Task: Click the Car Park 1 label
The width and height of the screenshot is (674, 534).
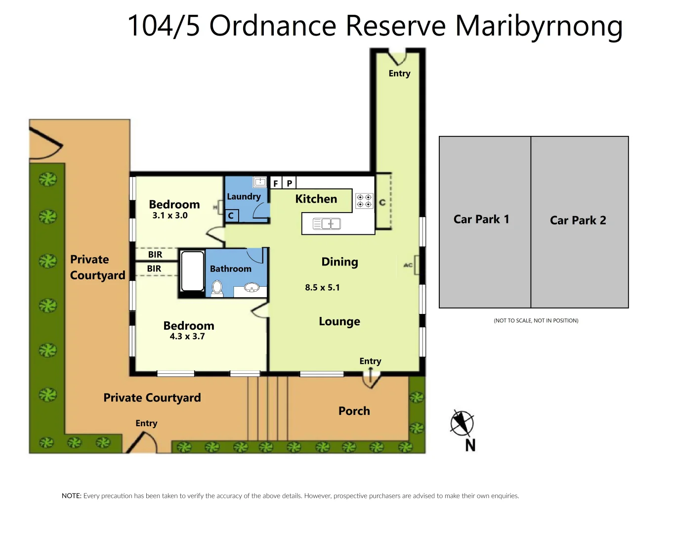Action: pos(481,219)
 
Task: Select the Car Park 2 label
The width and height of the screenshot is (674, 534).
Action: pos(578,220)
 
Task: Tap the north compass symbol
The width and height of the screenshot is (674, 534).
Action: pos(462,424)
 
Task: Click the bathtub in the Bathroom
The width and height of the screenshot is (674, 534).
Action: pos(192,271)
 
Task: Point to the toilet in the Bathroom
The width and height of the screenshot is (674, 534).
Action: pos(217,287)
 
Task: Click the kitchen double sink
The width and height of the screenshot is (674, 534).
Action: pos(327,224)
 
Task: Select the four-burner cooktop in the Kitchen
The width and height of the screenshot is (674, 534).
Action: pos(364,201)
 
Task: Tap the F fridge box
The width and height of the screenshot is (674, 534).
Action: pos(276,183)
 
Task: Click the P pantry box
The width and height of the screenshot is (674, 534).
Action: pos(290,183)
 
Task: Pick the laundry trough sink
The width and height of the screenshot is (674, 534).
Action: pos(260,182)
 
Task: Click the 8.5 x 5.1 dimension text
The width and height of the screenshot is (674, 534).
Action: pos(322,287)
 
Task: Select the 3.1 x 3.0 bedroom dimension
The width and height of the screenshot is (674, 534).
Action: pos(170,216)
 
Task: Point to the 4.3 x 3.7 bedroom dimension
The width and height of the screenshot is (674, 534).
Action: pos(187,336)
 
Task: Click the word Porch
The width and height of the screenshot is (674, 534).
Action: pos(354,411)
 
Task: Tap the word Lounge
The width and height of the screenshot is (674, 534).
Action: pos(339,321)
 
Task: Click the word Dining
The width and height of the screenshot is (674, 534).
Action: pos(339,262)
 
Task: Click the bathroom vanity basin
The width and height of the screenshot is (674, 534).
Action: pos(252,288)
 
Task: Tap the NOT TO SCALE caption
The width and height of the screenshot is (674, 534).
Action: pos(536,320)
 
